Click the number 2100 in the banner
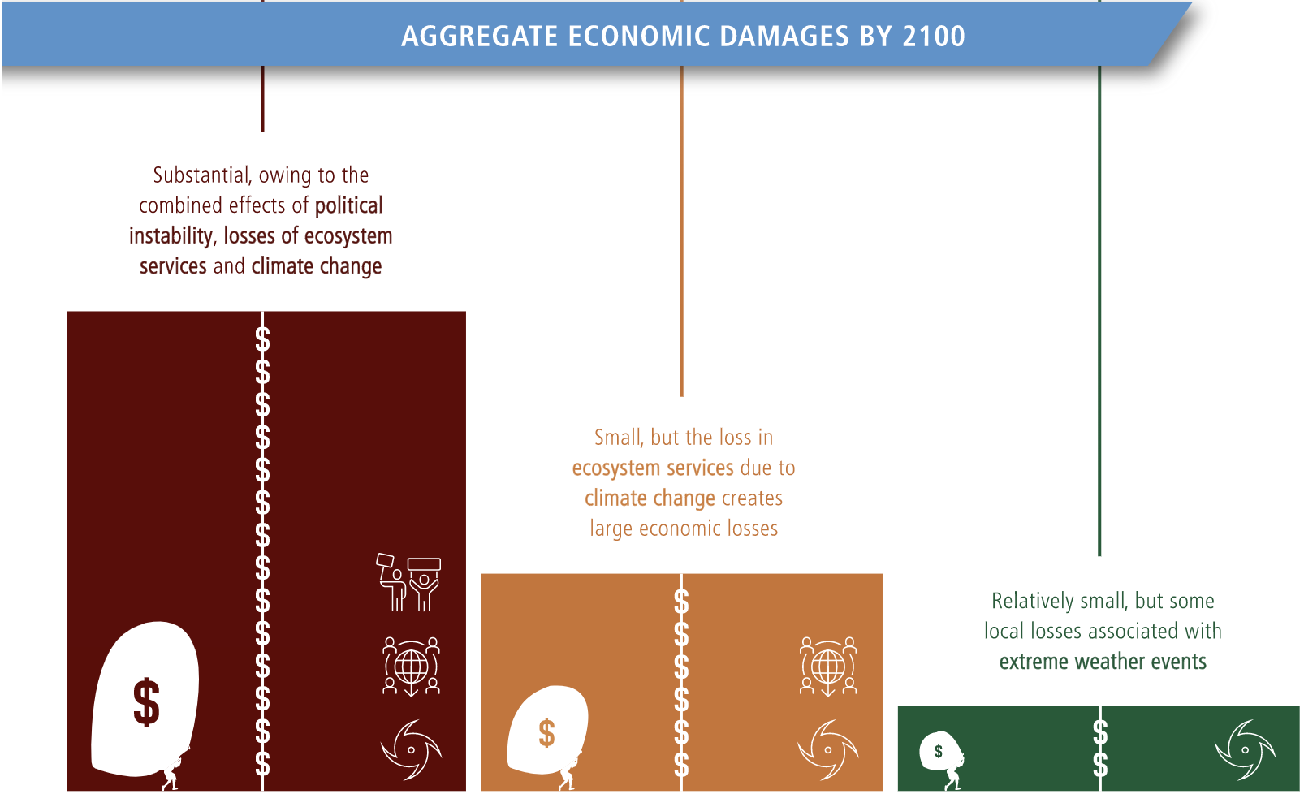(934, 36)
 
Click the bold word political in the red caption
(348, 205)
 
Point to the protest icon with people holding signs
(408, 582)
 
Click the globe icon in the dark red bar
(411, 667)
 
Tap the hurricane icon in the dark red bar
(411, 749)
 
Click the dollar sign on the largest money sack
(146, 702)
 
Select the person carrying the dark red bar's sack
(171, 772)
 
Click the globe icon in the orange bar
(828, 667)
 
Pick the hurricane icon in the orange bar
(828, 749)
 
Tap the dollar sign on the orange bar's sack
(546, 732)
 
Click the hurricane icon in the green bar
(1245, 749)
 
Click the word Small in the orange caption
(619, 438)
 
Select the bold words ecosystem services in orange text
(653, 468)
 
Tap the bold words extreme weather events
(1103, 662)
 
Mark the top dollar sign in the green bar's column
(1099, 731)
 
